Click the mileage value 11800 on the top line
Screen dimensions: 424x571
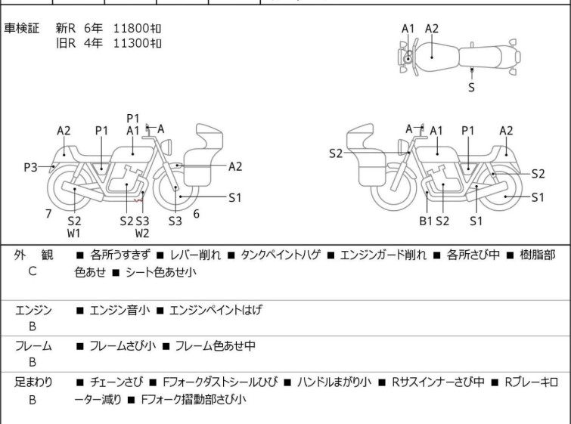[132, 28]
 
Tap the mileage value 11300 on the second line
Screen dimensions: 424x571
[132, 43]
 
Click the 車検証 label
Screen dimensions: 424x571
[22, 28]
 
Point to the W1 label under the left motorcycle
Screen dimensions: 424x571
[74, 234]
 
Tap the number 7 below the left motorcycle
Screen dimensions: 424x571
[48, 214]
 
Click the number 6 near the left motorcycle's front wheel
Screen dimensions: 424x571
[196, 214]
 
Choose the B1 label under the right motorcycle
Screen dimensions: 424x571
[426, 221]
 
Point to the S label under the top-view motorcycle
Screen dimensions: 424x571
[472, 88]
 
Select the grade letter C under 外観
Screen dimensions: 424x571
[33, 270]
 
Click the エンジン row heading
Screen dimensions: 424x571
[33, 310]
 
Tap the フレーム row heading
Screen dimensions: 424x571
[33, 346]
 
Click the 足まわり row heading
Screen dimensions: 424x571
[33, 382]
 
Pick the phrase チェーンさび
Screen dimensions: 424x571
[115, 382]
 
